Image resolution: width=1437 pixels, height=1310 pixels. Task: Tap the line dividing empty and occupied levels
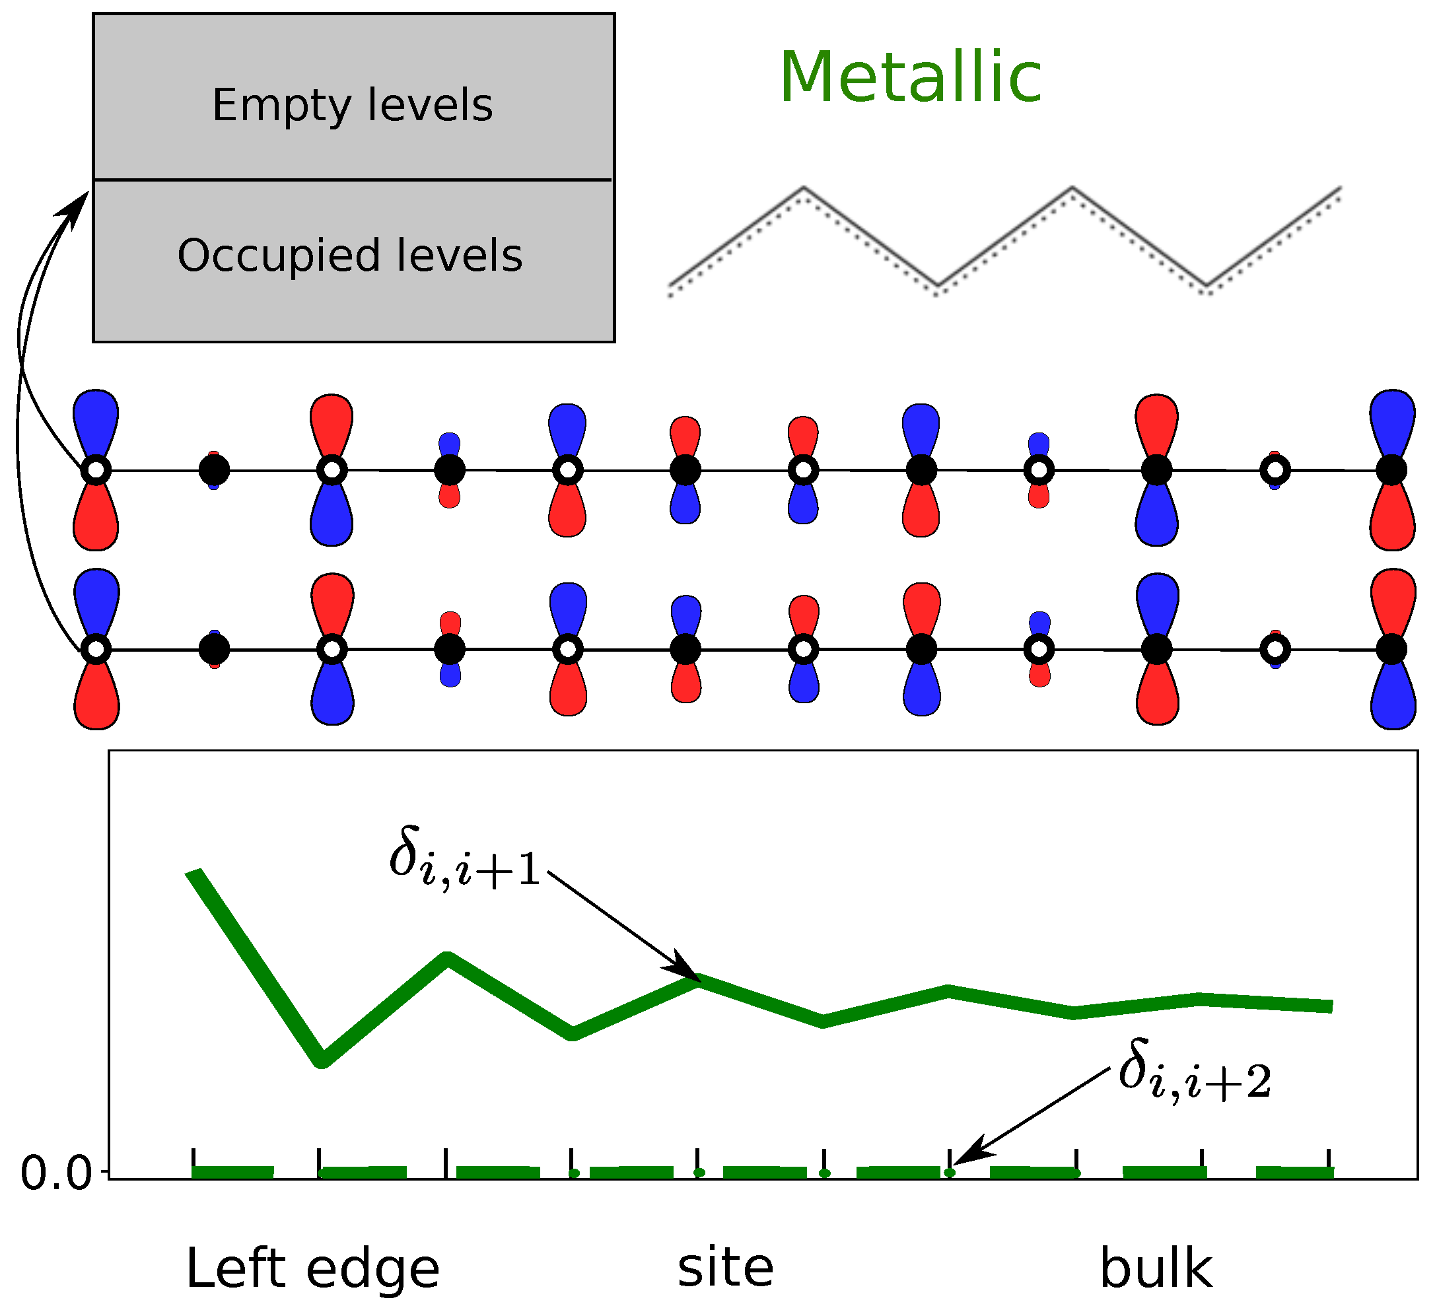pyautogui.click(x=353, y=180)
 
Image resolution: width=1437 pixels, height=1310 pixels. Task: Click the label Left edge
pyautogui.click(x=312, y=1268)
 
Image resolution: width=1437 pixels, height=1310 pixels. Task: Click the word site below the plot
pyautogui.click(x=725, y=1267)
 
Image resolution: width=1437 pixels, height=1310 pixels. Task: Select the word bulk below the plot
pyautogui.click(x=1155, y=1267)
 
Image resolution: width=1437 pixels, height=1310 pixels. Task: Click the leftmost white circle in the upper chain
pyautogui.click(x=96, y=470)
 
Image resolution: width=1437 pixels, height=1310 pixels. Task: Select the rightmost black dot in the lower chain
pyautogui.click(x=1391, y=649)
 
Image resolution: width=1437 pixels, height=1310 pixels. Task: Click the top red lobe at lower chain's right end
pyautogui.click(x=1392, y=602)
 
